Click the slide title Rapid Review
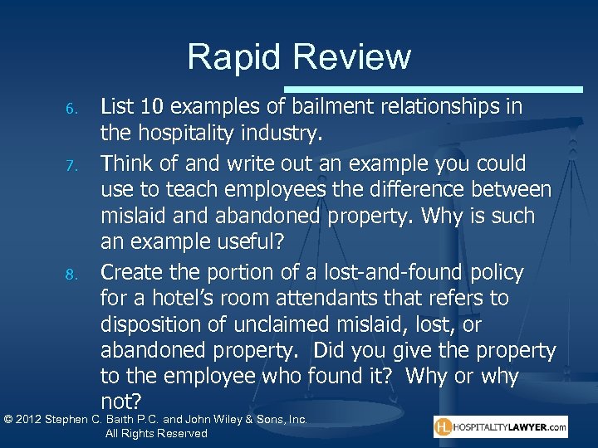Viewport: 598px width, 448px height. (299, 57)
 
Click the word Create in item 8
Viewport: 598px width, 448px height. (129, 272)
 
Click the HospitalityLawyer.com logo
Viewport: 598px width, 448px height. (500, 427)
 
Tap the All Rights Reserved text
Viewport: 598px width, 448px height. (156, 434)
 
